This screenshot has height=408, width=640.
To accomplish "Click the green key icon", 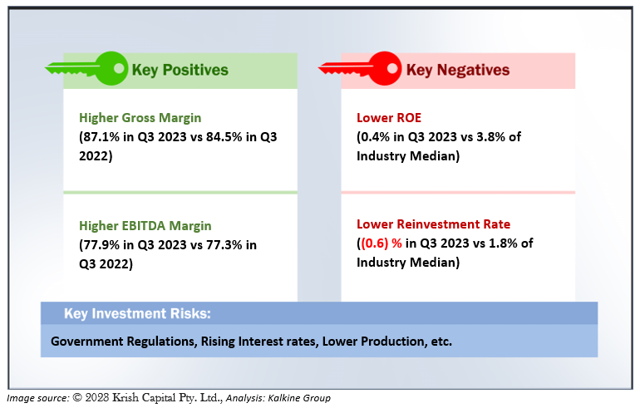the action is pos(86,68).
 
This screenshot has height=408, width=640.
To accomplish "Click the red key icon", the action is pos(360,68).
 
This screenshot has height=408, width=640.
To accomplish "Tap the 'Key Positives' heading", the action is pos(180,70).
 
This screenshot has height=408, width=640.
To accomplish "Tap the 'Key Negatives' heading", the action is pos(457,70).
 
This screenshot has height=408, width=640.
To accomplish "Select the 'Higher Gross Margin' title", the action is pos(140,118).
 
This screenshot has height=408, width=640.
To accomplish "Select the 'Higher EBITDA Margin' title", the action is pos(145,226).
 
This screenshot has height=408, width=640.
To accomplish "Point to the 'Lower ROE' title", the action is pos(389,117).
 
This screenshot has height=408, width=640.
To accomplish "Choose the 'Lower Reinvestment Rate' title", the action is pos(434,224).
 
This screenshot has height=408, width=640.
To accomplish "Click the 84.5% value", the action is pos(224,136).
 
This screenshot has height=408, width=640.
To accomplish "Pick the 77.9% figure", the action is pos(101,245).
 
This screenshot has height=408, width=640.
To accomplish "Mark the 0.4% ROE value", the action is pos(375,136).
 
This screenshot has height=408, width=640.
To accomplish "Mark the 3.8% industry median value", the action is pos(491,136).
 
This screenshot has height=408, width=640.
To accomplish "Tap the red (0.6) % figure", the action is pos(382,243).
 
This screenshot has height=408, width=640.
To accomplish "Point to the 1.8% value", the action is pos(504,243).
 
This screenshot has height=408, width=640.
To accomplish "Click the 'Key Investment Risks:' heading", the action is pos(137,313).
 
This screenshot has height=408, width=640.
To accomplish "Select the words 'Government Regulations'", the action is pos(124,341).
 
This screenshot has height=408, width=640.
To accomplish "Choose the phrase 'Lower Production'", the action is pos(373,341).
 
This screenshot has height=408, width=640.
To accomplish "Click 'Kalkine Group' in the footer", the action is pos(299,398).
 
